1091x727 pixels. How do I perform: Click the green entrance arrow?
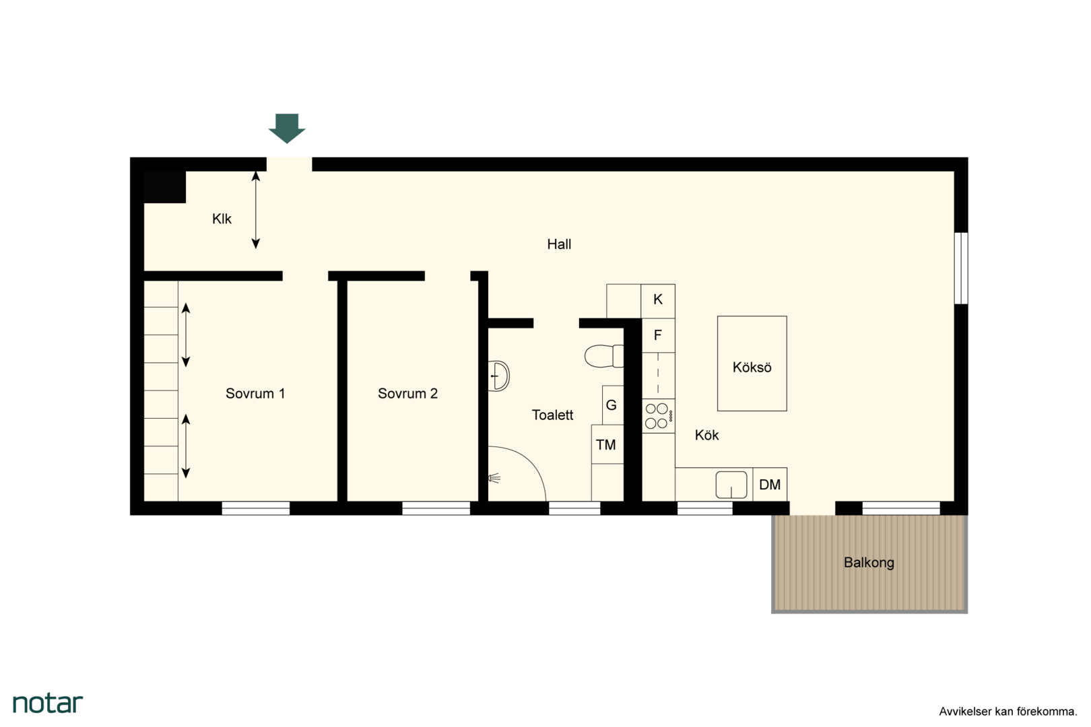tap(287, 129)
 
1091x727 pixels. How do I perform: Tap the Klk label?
tap(222, 219)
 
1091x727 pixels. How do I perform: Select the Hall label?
tap(559, 244)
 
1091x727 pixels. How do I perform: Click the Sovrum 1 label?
tap(255, 393)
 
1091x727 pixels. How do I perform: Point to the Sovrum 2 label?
tap(407, 393)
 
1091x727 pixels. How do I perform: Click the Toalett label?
tap(552, 415)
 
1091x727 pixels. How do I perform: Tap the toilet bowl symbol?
tap(604, 356)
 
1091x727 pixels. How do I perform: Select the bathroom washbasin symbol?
tap(498, 376)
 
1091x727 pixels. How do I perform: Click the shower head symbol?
tap(494, 479)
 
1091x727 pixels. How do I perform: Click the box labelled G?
tap(613, 405)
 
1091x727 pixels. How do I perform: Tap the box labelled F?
tap(658, 335)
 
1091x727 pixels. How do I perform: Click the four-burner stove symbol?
tap(659, 416)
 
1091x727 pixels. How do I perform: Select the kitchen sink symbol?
tap(731, 485)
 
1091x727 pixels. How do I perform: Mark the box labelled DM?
tap(770, 485)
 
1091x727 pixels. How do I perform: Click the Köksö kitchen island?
tap(752, 363)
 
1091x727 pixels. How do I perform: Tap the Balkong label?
tap(869, 563)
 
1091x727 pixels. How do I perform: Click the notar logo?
tap(48, 703)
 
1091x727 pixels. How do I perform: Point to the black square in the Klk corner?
tap(164, 187)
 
